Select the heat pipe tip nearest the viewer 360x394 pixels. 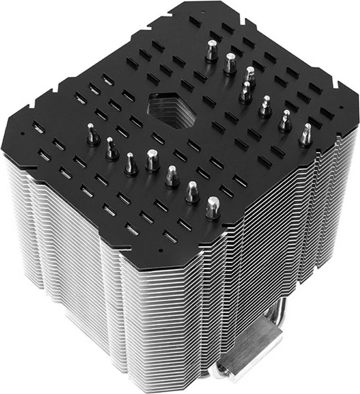pos(213,207)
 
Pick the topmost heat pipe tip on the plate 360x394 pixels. pos(211,51)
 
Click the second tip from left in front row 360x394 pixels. pos(111,148)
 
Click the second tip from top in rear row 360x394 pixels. pos(230,63)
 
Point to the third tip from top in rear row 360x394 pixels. pos(248,75)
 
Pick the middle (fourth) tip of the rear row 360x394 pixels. pos(246,92)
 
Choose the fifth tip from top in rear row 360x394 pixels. pos(265,106)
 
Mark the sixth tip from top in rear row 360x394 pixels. pos(285,121)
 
